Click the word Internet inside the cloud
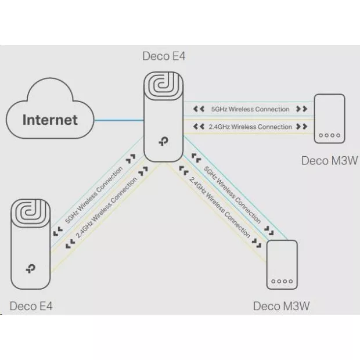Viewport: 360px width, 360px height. coord(50,120)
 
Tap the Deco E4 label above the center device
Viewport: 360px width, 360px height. coord(164,56)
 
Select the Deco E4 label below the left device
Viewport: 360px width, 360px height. coord(31,306)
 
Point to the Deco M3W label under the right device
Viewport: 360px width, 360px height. coord(329,160)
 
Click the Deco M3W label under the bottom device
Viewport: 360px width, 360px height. coord(281,306)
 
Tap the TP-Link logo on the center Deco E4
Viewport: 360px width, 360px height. coord(164,141)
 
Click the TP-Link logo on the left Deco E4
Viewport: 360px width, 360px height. coord(31,269)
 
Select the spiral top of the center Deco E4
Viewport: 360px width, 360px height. coord(164,86)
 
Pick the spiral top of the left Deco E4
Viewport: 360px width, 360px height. coord(31,213)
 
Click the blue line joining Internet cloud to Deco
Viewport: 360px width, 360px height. coord(119,120)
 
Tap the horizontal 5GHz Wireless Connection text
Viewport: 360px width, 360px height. coord(250,109)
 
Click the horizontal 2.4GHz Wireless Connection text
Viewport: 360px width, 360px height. coord(250,127)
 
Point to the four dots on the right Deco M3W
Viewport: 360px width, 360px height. coord(329,135)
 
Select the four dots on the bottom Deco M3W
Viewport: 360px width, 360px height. coord(282,281)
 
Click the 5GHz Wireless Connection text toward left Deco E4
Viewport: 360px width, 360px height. coord(94,195)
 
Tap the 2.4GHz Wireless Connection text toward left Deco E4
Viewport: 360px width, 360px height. coord(106,207)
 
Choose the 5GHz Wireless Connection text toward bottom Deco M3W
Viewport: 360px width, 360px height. coord(232,195)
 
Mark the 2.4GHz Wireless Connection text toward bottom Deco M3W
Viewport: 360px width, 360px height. coord(219,207)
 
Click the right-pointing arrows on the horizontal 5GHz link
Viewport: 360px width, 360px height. coord(302,109)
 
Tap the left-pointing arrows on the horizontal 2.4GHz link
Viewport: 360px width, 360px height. coord(199,127)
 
